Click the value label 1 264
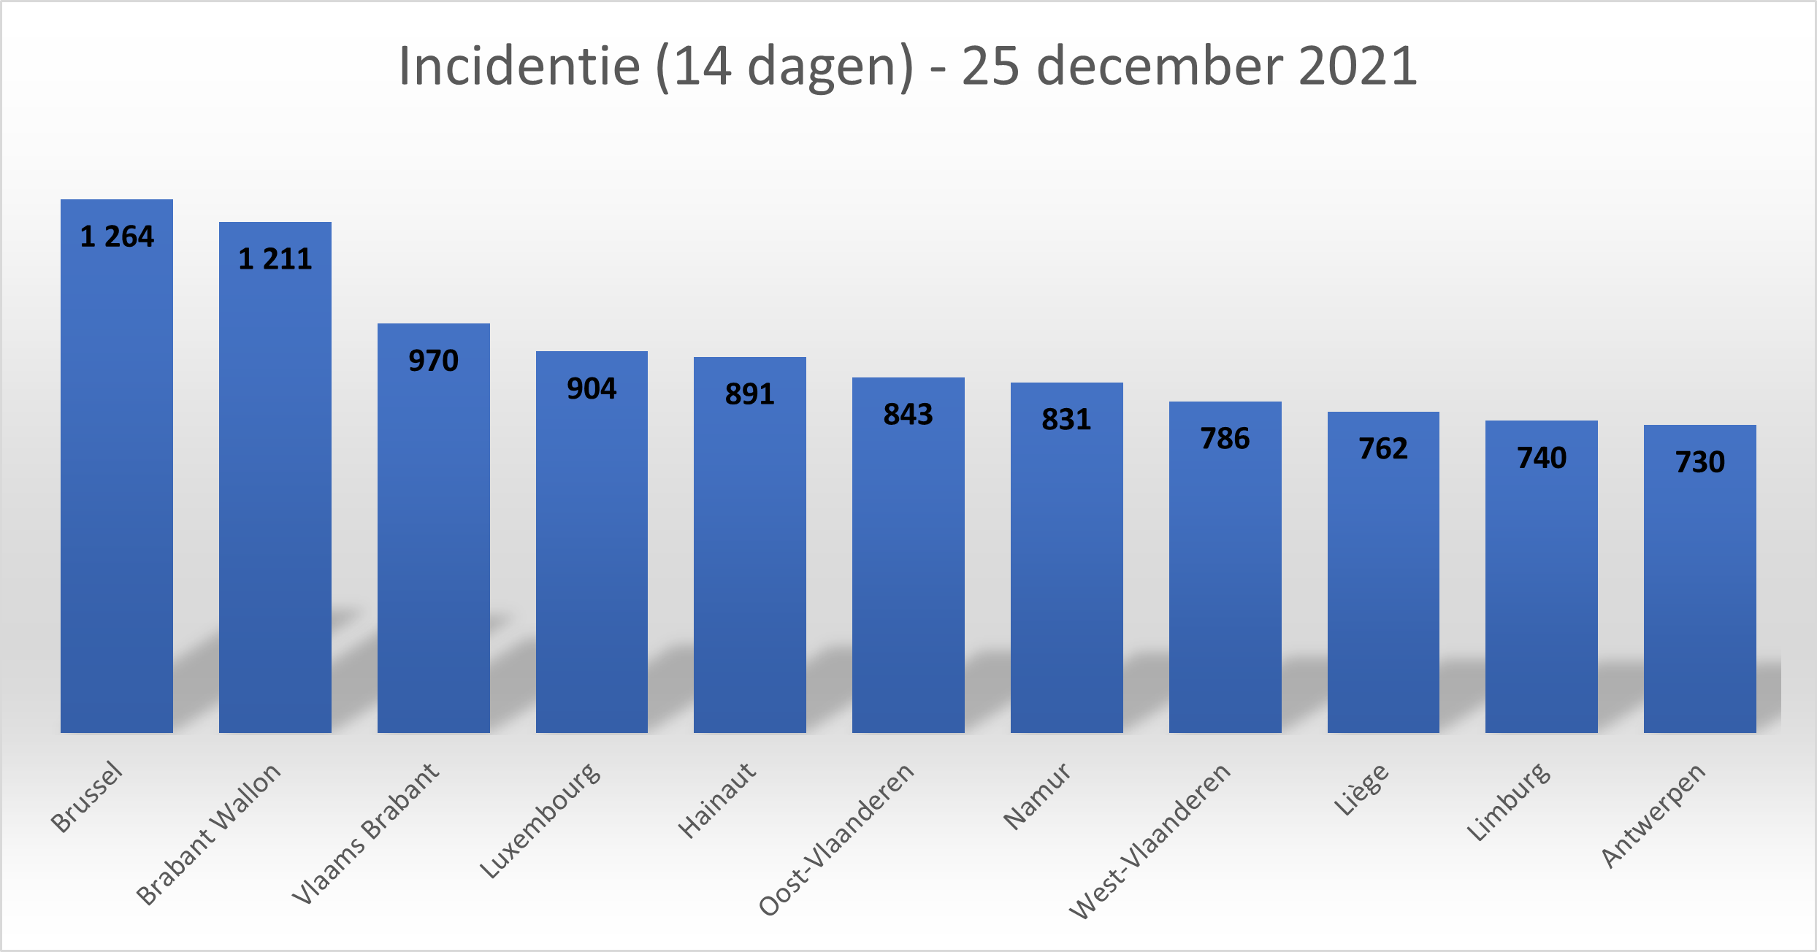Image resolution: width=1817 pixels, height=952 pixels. pos(117,237)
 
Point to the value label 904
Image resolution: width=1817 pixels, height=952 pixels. pos(592,388)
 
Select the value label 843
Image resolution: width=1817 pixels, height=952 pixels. pos(908,415)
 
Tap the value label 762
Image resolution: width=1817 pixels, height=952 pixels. pos(1383,448)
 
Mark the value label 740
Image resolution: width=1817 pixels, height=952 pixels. pos(1542,458)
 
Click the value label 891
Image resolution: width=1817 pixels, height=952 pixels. pos(750,394)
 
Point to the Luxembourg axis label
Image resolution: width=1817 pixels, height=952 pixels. pos(540,821)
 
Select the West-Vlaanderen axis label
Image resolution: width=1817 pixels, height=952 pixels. pos(1150,841)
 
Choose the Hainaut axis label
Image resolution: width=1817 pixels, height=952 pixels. pos(717,800)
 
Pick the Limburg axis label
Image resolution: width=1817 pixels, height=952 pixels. pos(1509,802)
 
